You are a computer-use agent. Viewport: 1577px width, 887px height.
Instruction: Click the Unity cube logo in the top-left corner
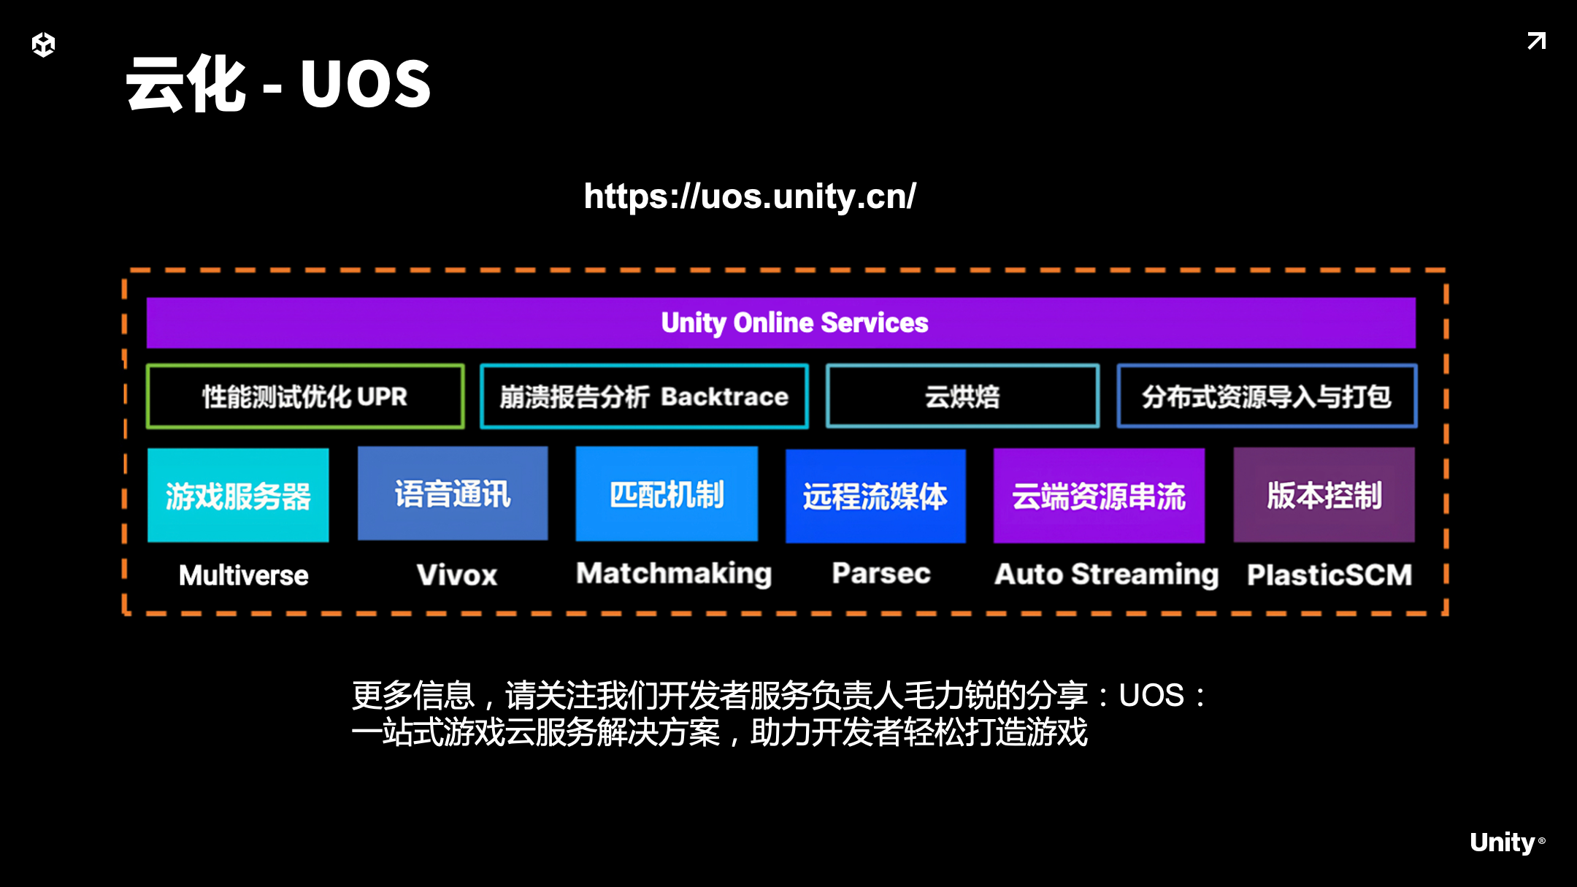click(44, 45)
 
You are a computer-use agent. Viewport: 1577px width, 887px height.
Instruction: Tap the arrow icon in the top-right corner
click(1536, 41)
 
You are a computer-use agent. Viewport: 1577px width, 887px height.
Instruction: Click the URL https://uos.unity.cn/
click(750, 196)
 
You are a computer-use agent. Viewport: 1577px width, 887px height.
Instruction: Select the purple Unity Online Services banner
click(780, 323)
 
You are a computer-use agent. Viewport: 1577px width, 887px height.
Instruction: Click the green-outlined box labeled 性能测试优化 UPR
click(305, 396)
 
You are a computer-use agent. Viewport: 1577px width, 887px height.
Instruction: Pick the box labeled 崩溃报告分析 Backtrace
click(644, 396)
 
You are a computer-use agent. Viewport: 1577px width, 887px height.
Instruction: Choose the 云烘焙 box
click(962, 396)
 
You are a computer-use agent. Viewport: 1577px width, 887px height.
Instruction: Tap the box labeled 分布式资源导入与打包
click(1267, 396)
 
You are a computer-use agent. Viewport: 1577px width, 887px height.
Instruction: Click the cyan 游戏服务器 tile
click(238, 496)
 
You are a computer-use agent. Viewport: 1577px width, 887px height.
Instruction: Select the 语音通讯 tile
click(453, 494)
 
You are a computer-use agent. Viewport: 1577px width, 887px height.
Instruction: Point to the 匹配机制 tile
click(667, 494)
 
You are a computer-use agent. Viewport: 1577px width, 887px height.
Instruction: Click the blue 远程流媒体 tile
click(875, 496)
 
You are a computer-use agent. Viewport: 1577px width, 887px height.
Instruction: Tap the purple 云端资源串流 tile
click(1099, 496)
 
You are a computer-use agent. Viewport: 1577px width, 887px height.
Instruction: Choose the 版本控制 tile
click(1324, 495)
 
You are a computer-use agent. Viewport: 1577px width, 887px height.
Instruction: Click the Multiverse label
click(244, 575)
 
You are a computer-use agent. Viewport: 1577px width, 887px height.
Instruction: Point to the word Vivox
click(457, 575)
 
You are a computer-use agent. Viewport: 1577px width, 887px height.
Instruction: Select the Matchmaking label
click(674, 574)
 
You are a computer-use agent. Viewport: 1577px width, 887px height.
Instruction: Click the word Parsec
click(881, 574)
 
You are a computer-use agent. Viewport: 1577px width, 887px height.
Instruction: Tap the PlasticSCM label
click(1329, 575)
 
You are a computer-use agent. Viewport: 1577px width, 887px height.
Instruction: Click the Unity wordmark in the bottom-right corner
click(1503, 842)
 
